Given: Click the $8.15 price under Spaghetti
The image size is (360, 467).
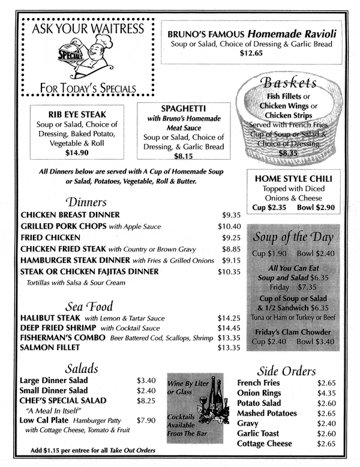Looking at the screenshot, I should pyautogui.click(x=183, y=157).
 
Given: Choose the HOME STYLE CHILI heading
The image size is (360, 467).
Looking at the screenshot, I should pyautogui.click(x=293, y=178).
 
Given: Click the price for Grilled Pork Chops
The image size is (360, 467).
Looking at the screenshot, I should pyautogui.click(x=229, y=226).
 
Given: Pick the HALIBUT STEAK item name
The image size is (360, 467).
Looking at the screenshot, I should pyautogui.click(x=50, y=317).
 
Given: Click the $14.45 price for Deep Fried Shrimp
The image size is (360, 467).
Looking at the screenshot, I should pyautogui.click(x=229, y=328).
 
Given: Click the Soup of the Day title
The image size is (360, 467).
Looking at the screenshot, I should pyautogui.click(x=293, y=237).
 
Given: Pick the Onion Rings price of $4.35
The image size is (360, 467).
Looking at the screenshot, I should pyautogui.click(x=327, y=393).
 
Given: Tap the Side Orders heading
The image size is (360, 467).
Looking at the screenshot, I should pyautogui.click(x=286, y=370).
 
